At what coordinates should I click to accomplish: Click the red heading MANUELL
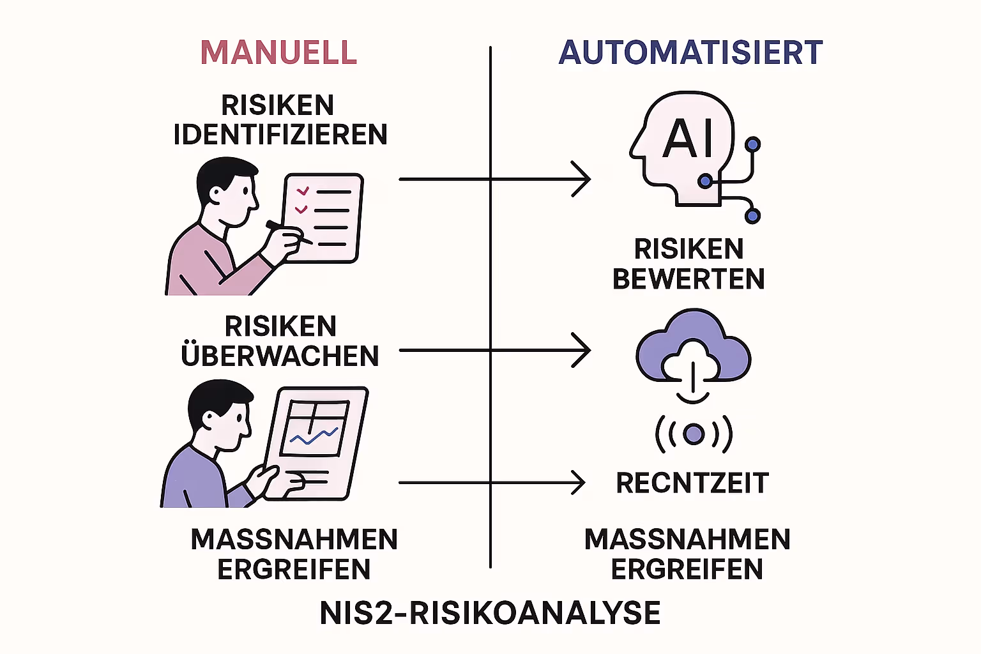click(278, 53)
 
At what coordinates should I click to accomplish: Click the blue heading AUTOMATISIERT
click(690, 53)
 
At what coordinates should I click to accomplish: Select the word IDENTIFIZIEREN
click(280, 135)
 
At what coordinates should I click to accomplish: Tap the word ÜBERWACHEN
click(280, 356)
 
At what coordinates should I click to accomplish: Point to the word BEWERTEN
click(688, 279)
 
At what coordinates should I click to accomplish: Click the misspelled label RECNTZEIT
click(692, 483)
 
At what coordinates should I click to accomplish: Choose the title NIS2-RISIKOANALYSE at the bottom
click(490, 613)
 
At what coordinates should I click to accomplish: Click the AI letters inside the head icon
click(688, 138)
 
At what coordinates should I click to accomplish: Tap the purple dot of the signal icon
click(694, 434)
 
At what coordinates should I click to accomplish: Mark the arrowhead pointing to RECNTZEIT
click(578, 483)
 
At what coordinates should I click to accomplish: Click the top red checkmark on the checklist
click(303, 191)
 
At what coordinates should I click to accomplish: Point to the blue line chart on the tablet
click(313, 436)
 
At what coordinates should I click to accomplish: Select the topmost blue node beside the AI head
click(753, 144)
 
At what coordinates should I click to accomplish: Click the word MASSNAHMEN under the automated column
click(687, 540)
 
